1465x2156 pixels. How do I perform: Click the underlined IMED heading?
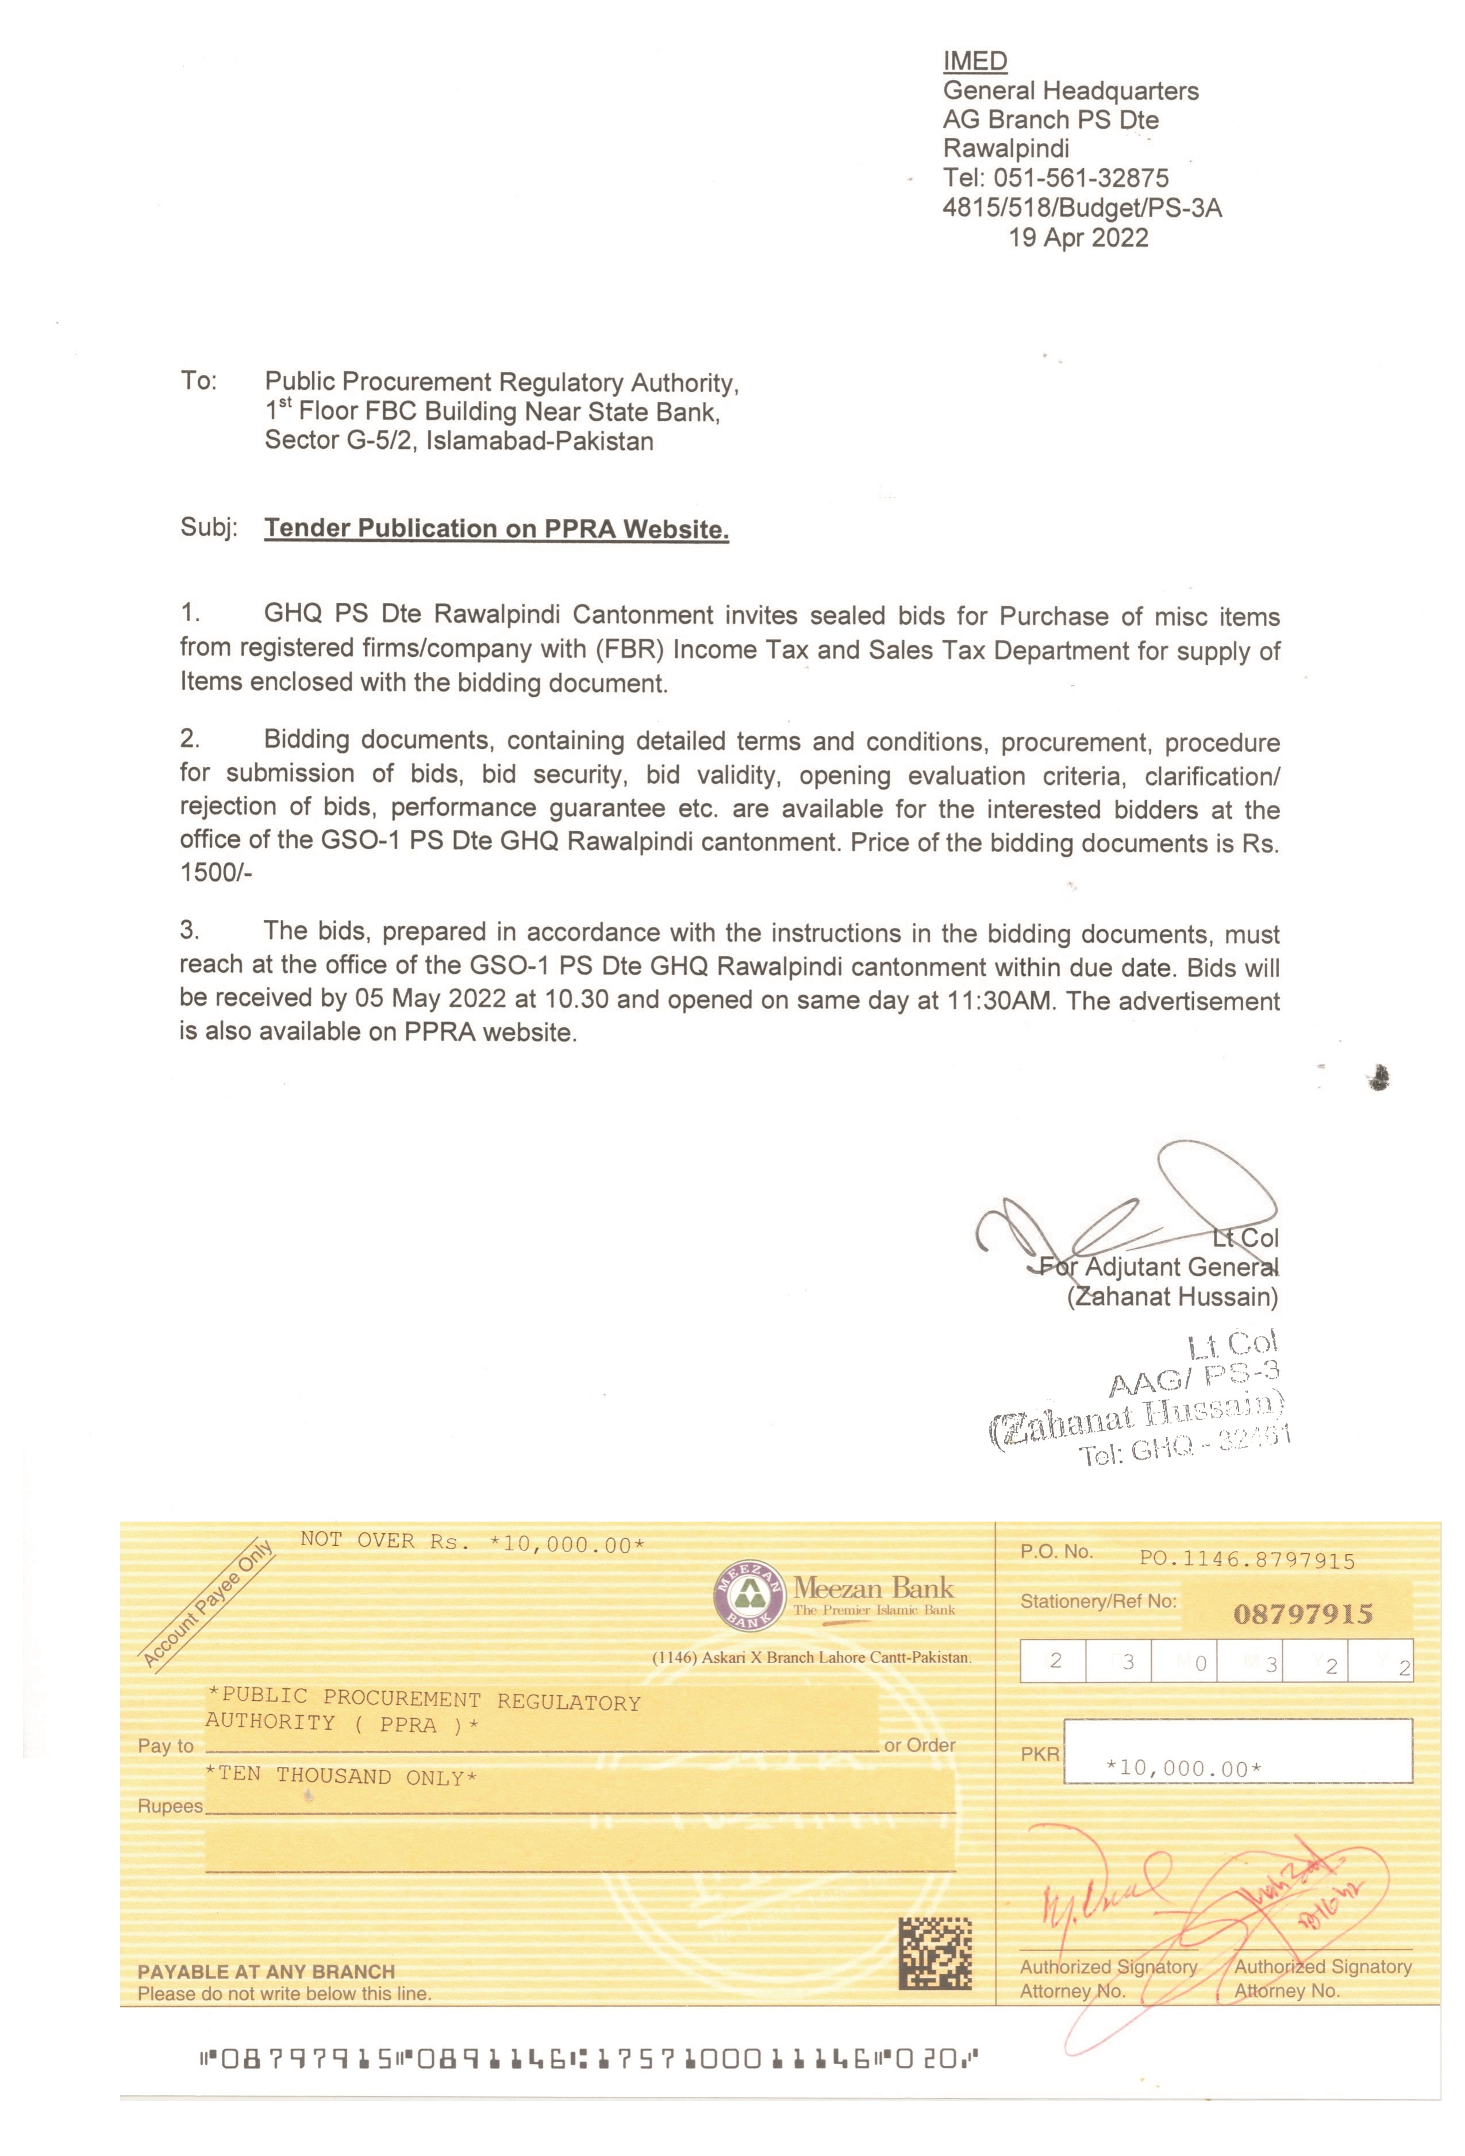point(974,61)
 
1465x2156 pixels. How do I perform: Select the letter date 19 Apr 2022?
point(1078,238)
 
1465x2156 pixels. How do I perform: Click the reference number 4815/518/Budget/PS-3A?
point(1082,208)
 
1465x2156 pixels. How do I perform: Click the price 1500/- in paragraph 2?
point(216,873)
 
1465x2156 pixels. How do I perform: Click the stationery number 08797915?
point(1302,1614)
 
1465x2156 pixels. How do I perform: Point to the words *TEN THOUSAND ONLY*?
point(340,1776)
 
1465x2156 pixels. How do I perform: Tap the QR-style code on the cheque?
point(935,1953)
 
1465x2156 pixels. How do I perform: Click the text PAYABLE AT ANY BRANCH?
point(266,1972)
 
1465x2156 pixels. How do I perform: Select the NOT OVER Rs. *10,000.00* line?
point(472,1542)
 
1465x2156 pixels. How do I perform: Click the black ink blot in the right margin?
point(1379,1077)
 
